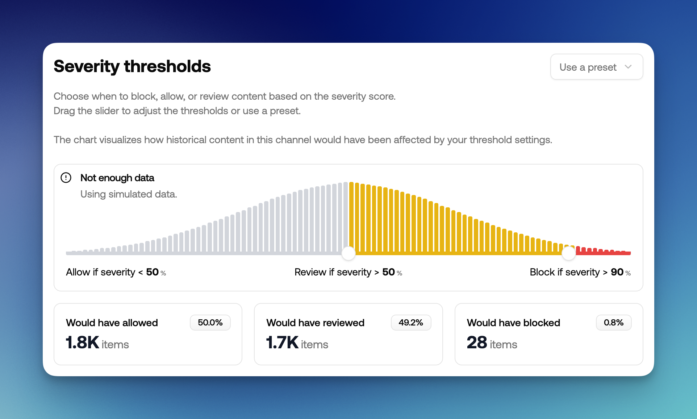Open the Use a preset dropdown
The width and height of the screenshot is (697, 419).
pos(596,67)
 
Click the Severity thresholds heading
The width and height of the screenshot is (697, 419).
pos(132,66)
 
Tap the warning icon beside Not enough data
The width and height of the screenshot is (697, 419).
pos(66,178)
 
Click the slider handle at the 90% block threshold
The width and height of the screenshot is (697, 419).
pos(568,253)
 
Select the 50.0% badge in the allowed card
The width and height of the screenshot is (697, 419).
pos(210,323)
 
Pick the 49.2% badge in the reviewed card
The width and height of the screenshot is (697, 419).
pos(411,323)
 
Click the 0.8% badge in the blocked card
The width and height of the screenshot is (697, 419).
pos(613,323)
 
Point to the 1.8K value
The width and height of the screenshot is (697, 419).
pos(83,343)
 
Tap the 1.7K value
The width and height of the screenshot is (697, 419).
pos(282,343)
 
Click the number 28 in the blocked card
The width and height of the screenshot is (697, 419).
pos(477,343)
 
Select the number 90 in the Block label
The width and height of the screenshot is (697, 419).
pos(617,272)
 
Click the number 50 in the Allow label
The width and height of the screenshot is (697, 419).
pos(152,272)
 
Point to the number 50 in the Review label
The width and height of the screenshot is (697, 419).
pos(388,272)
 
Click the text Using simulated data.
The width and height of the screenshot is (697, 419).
pos(129,194)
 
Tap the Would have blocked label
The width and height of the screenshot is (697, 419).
pos(513,323)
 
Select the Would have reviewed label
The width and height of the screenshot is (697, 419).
pos(315,323)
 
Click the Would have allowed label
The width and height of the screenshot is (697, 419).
pos(112,323)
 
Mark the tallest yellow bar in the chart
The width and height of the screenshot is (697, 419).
pos(351,217)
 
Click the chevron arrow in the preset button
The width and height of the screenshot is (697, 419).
pos(628,67)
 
